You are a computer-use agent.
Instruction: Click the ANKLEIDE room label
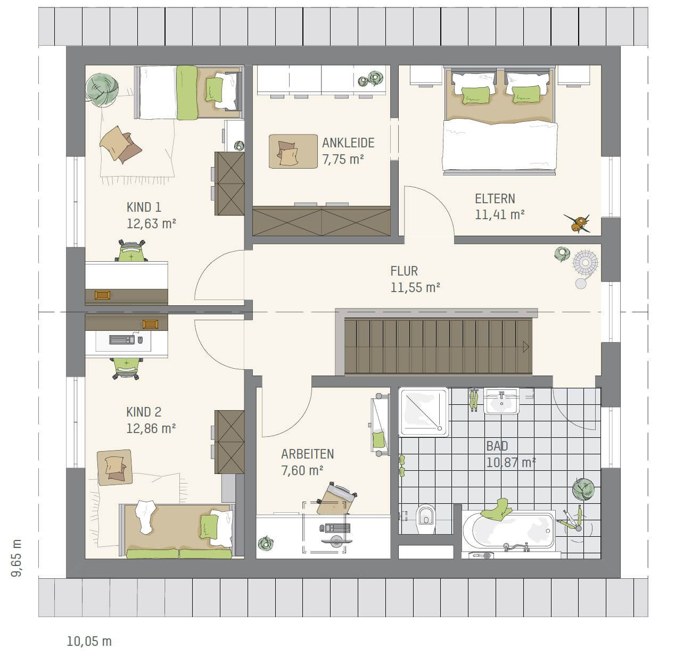[x=348, y=143]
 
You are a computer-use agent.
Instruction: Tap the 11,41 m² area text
[x=499, y=214]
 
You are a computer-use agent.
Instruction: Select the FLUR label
[x=404, y=271]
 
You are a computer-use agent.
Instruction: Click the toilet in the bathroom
[x=425, y=519]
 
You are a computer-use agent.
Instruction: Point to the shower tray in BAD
[x=423, y=412]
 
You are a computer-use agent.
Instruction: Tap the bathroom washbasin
[x=501, y=401]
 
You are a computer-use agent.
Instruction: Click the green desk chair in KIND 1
[x=131, y=251]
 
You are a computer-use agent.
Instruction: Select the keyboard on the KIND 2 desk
[x=122, y=339]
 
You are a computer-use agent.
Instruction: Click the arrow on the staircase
[x=526, y=347]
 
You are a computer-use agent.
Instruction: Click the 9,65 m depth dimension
[x=17, y=558]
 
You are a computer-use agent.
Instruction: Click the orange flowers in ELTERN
[x=578, y=223]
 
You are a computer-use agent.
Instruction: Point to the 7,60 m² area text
[x=302, y=470]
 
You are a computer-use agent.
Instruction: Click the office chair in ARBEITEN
[x=336, y=498]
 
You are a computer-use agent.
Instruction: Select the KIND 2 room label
[x=144, y=412]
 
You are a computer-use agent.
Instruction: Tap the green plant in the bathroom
[x=583, y=489]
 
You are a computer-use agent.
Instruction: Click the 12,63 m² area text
[x=151, y=223]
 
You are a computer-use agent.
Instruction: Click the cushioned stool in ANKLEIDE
[x=293, y=152]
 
